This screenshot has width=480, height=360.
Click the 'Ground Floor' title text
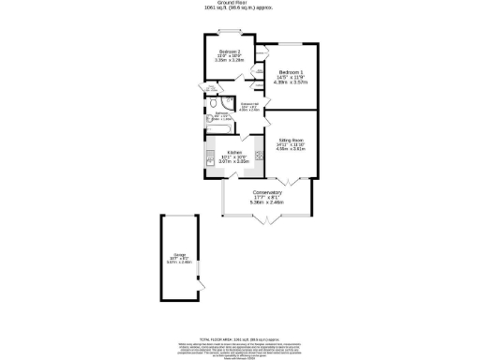click(x=239, y=3)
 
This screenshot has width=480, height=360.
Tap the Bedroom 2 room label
click(x=231, y=52)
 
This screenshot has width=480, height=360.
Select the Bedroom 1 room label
click(x=291, y=72)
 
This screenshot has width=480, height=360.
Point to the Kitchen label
click(x=234, y=152)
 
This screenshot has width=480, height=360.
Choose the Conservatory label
click(x=267, y=193)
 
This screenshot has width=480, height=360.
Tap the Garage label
click(x=178, y=253)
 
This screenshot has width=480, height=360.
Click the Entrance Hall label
click(x=249, y=103)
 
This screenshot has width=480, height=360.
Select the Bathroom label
click(x=220, y=113)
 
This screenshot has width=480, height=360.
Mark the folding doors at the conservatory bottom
click(x=267, y=221)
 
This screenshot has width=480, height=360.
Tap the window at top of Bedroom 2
click(x=230, y=37)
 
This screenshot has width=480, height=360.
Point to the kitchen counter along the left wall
click(x=209, y=155)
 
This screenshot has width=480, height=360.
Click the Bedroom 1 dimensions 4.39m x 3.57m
click(x=291, y=82)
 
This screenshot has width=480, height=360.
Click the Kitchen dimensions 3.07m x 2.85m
click(x=234, y=161)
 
